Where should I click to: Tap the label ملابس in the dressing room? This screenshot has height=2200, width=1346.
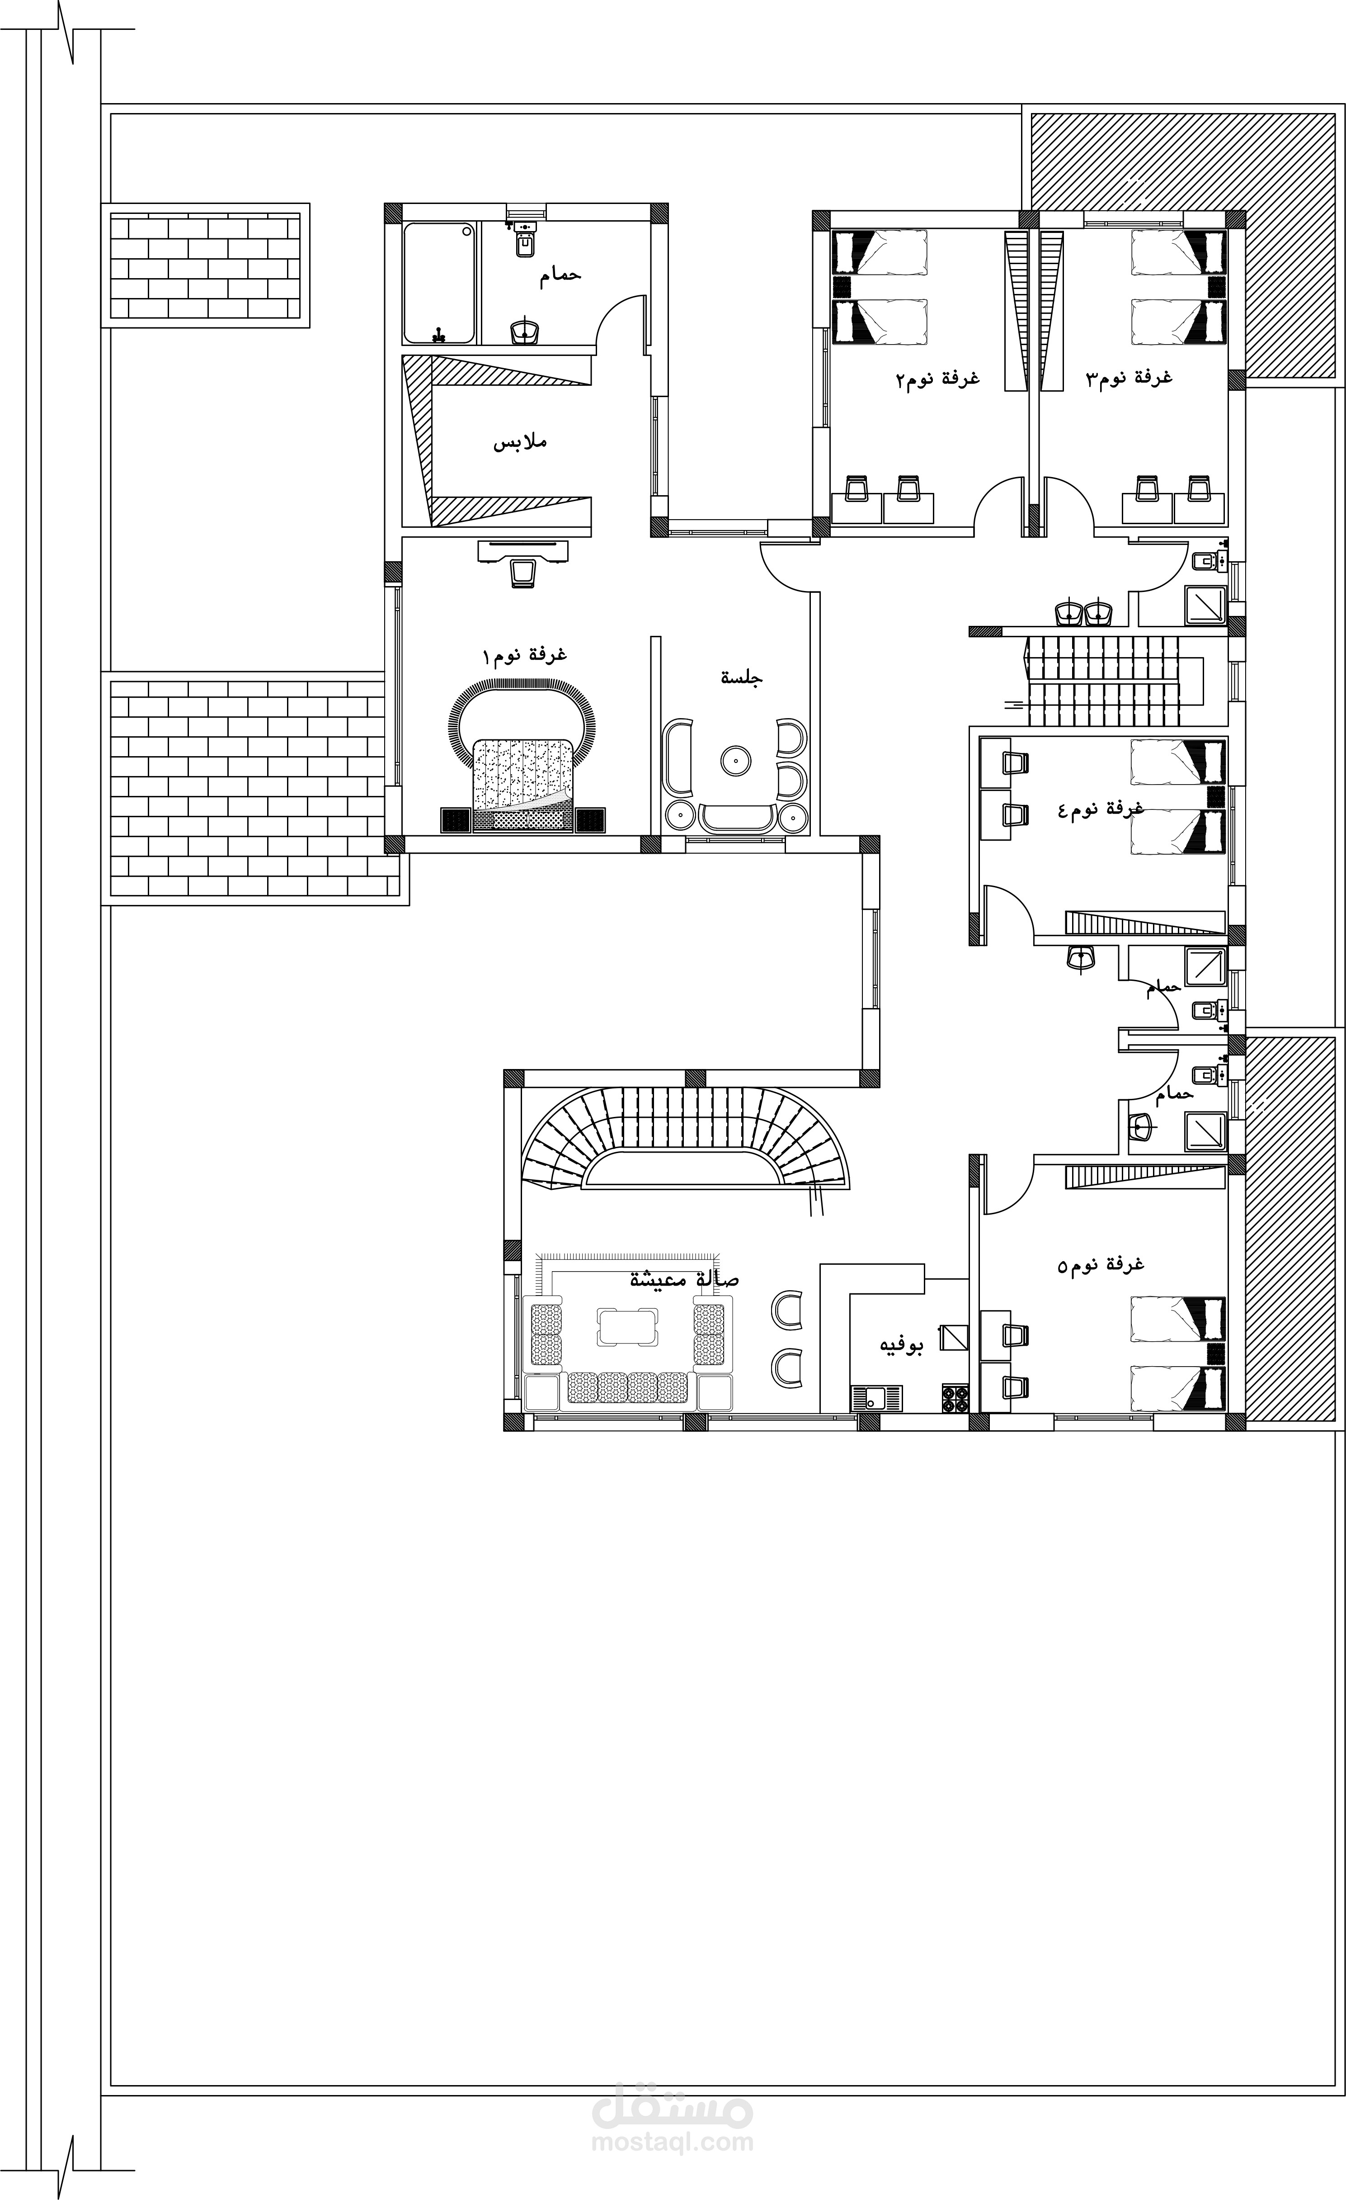coord(520,442)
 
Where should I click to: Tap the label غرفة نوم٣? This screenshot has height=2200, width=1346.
coord(1129,378)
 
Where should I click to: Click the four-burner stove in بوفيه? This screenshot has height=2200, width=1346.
coord(955,1398)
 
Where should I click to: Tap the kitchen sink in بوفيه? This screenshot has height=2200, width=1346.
coord(876,1398)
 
